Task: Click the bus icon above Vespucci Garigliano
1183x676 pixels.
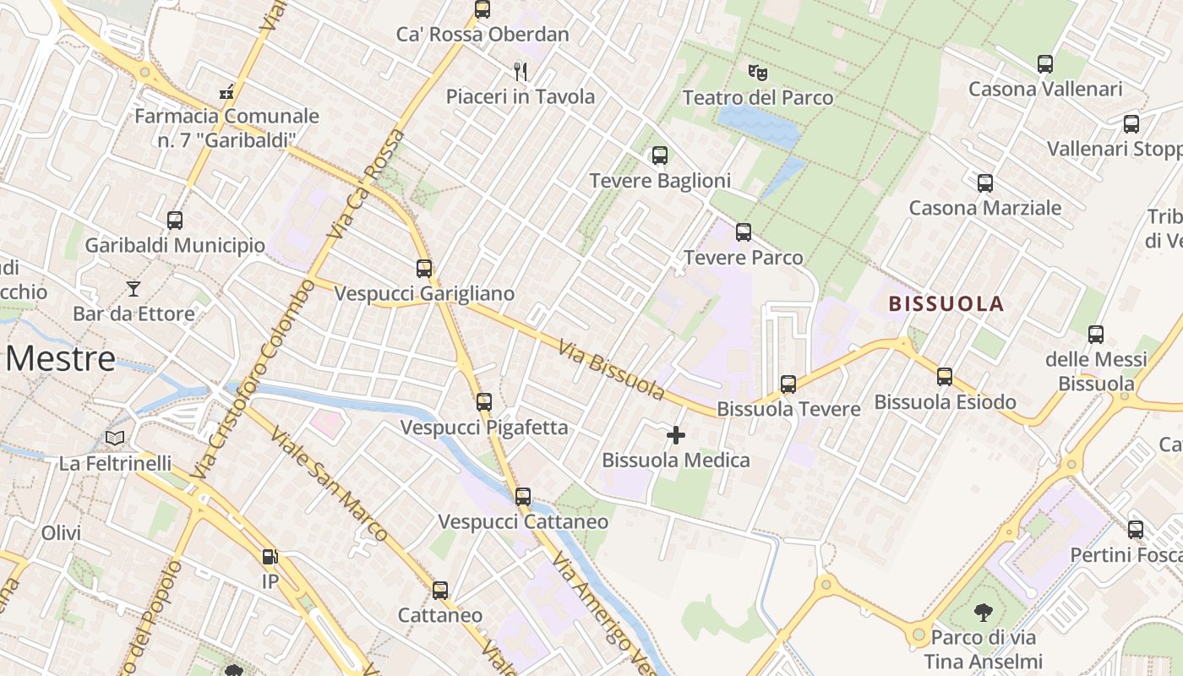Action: [424, 269]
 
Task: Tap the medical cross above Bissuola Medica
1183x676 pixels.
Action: [676, 435]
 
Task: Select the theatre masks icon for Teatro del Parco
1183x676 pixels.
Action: [757, 72]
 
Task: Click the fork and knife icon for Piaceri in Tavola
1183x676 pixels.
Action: [521, 71]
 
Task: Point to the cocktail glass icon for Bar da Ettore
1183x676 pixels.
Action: [134, 289]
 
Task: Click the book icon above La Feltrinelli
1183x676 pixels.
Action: [115, 438]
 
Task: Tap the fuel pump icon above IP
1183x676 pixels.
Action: [270, 557]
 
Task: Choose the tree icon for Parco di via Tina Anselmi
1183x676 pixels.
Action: [983, 611]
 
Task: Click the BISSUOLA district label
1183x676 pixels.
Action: [946, 303]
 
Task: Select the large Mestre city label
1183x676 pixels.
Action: [60, 358]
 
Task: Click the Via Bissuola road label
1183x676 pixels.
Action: [612, 368]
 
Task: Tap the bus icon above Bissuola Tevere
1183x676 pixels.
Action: [788, 384]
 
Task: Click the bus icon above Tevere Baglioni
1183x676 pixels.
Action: [660, 155]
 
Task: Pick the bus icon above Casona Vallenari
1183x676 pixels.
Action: [1045, 63]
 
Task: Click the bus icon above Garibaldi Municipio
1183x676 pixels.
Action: [175, 221]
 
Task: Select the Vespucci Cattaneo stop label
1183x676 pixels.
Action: [523, 521]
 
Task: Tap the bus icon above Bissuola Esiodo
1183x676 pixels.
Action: [945, 376]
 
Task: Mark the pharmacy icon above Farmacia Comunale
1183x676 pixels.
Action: [226, 91]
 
